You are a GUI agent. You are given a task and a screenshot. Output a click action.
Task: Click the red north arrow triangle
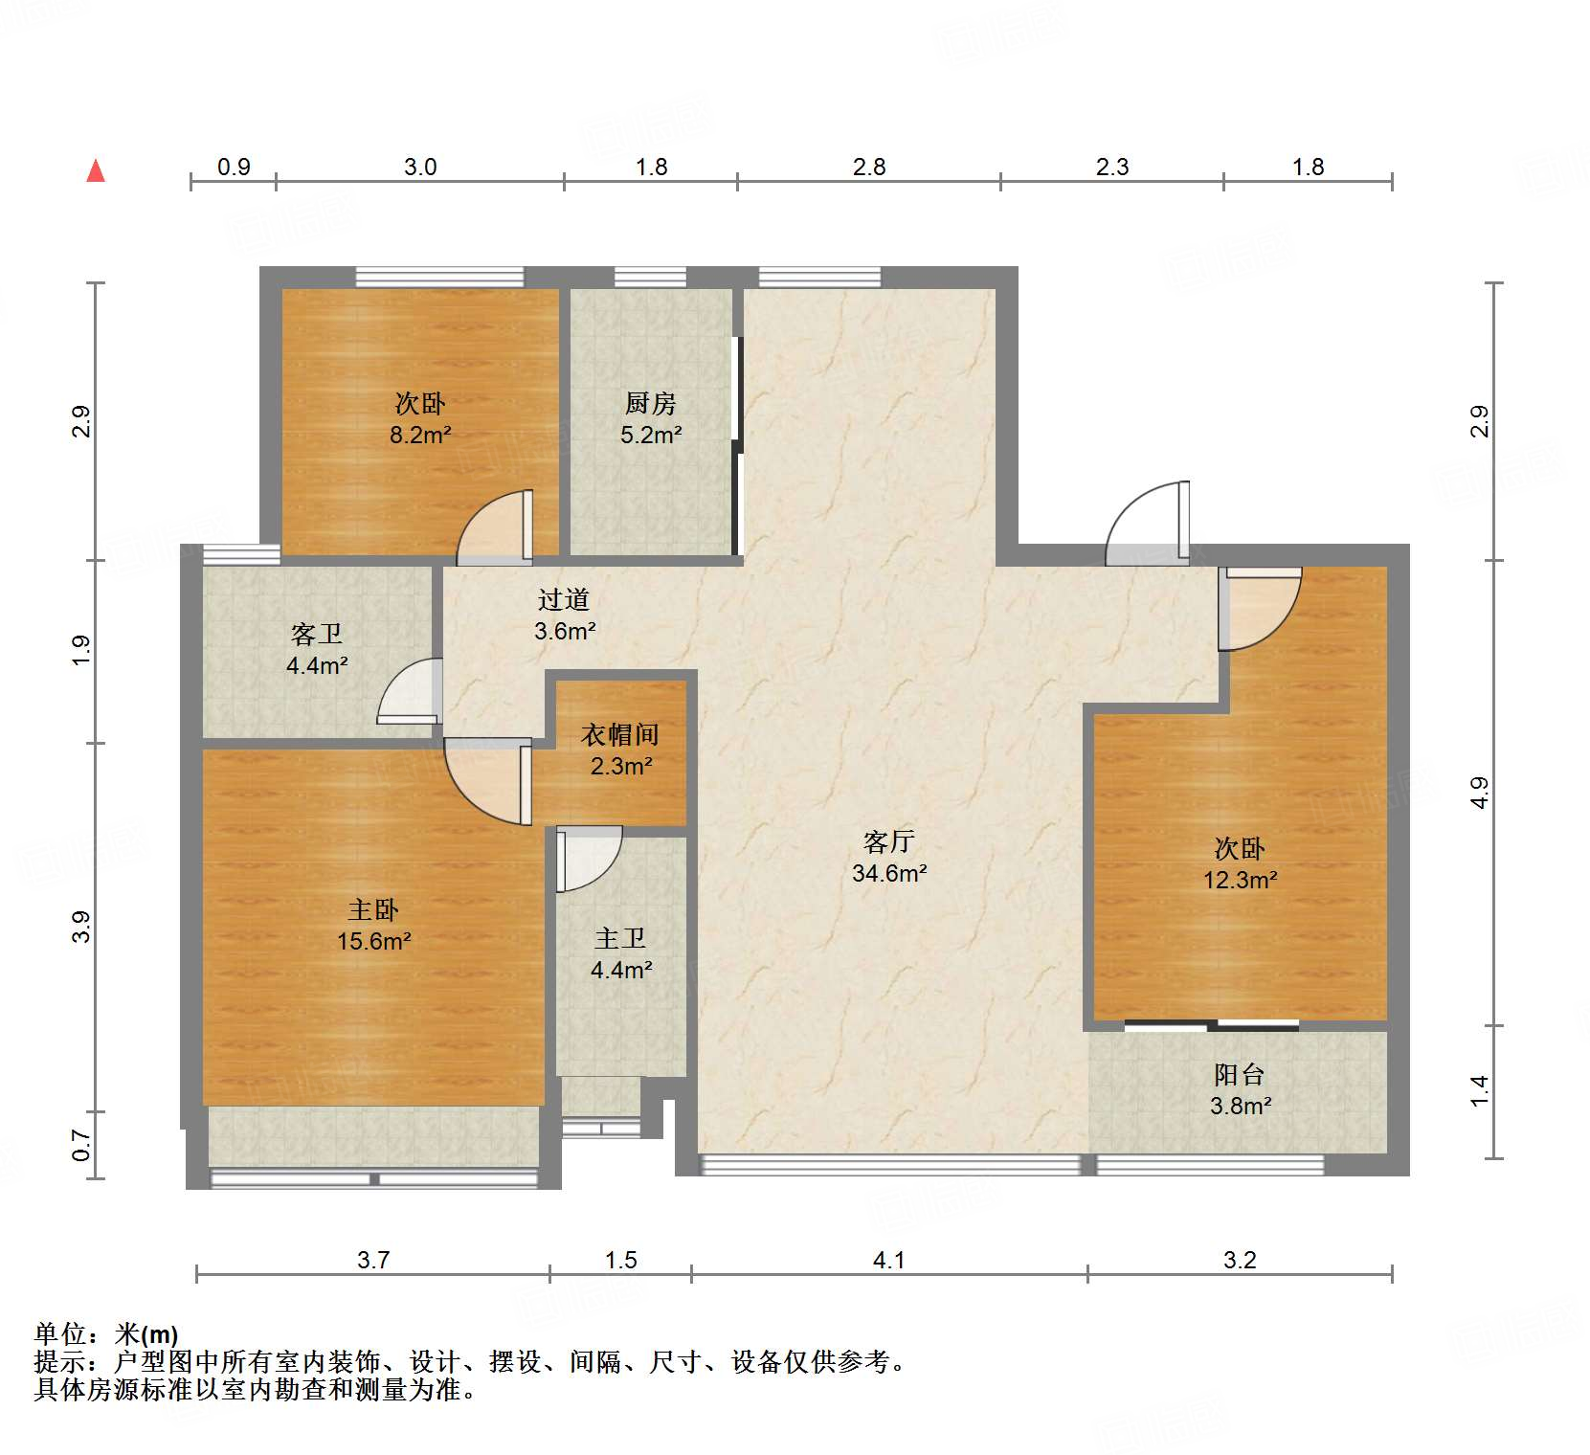(x=96, y=171)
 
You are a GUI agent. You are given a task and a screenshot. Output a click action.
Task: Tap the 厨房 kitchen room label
(x=650, y=403)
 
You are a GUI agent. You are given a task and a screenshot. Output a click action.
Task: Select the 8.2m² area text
(x=419, y=435)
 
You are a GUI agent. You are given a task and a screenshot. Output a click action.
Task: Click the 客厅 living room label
(x=888, y=841)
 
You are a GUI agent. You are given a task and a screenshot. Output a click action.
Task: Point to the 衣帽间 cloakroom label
(x=620, y=735)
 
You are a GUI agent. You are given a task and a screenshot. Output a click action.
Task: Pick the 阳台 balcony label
(x=1240, y=1074)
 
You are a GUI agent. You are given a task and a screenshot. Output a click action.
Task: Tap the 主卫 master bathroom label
(x=620, y=938)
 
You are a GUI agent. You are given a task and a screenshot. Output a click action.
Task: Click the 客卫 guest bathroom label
(x=316, y=634)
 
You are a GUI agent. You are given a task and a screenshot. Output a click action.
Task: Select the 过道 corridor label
(x=563, y=599)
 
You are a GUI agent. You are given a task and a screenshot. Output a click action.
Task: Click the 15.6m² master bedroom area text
(x=373, y=941)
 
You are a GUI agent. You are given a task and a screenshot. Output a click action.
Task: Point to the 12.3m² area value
(x=1240, y=880)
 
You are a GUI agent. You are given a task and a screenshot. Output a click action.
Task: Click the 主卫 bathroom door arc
(x=586, y=857)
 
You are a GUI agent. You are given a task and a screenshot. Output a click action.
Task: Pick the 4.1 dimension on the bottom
(x=888, y=1260)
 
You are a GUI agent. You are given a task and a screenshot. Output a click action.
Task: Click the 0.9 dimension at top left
(x=234, y=167)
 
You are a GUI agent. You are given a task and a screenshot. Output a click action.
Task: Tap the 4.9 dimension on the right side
(x=1480, y=793)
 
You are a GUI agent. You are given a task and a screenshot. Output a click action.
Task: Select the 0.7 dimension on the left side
(x=81, y=1145)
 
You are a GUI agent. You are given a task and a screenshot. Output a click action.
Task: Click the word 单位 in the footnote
(x=59, y=1333)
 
